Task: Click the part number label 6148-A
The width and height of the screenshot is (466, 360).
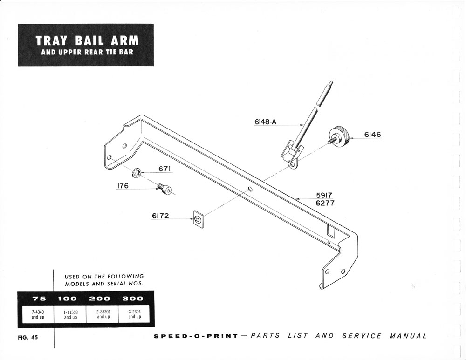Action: [266, 122]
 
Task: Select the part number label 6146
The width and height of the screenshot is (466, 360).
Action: [372, 135]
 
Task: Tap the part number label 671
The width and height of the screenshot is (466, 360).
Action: [164, 169]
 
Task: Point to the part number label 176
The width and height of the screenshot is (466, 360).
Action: [123, 186]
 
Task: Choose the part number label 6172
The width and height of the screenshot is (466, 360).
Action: [160, 216]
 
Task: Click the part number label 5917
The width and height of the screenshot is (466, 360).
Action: [324, 196]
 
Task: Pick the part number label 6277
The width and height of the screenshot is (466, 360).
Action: [325, 203]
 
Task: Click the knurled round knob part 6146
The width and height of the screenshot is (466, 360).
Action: [338, 137]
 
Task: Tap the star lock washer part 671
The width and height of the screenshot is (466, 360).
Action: [137, 173]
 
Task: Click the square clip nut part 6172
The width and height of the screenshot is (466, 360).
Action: [198, 219]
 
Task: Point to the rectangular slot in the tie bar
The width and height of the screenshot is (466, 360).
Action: [331, 231]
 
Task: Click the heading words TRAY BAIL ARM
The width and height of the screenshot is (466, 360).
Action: [87, 41]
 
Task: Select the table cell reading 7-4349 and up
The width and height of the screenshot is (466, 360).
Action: [38, 314]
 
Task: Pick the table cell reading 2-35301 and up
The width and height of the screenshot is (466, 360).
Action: [103, 314]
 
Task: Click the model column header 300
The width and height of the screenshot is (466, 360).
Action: [133, 298]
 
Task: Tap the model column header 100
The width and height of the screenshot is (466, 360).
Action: [67, 298]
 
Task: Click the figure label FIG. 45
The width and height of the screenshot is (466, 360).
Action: [28, 338]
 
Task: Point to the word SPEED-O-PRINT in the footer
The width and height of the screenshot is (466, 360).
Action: [196, 336]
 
